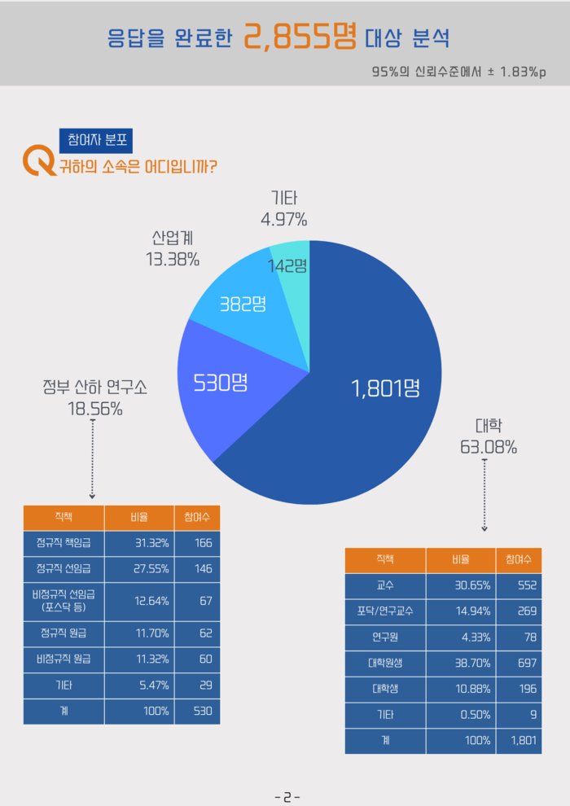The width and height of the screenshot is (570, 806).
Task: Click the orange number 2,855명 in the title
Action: point(300,37)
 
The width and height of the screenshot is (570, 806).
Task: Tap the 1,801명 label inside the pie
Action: point(385,388)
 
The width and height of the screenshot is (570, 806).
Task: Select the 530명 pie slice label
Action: point(220,382)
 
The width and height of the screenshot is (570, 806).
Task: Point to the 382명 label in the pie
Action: point(243,304)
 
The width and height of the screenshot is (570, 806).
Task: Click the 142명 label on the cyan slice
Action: point(287,265)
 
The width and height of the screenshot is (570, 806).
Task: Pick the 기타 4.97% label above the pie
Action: point(283,208)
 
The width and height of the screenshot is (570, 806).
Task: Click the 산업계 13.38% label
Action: point(172,248)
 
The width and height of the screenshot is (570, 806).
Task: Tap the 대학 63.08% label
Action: point(489,436)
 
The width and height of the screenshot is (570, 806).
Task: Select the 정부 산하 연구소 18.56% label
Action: point(95,398)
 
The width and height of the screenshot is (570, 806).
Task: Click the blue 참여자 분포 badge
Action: point(95,140)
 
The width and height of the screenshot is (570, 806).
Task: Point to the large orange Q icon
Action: point(38,160)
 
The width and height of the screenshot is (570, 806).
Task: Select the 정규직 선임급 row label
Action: point(64,568)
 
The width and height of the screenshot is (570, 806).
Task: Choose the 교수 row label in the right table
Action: point(385,585)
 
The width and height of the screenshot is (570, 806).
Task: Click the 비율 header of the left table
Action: point(139,518)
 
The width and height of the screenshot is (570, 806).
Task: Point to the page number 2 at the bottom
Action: point(287,797)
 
